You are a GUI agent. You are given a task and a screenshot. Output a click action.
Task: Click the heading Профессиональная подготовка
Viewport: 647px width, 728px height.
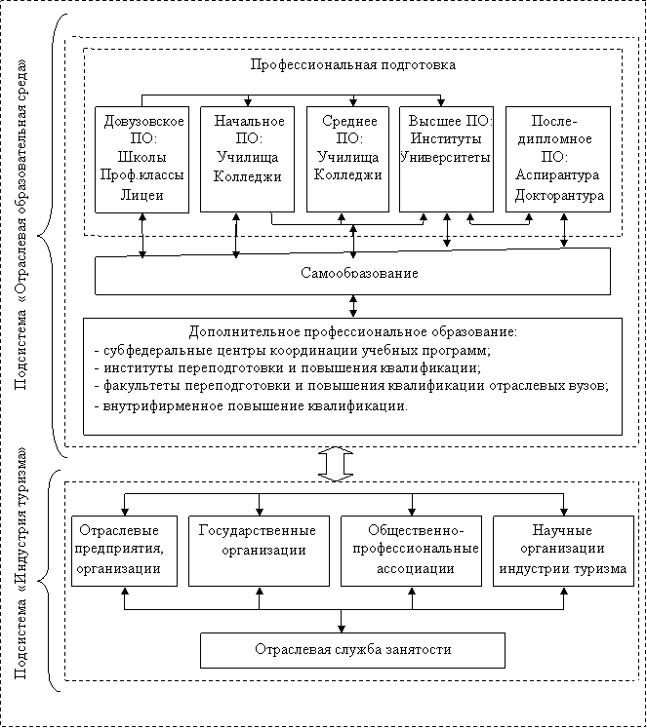[353, 64]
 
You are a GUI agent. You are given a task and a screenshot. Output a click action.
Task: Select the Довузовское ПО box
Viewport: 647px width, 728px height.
[142, 160]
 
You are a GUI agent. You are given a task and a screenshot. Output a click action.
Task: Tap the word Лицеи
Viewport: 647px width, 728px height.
[142, 195]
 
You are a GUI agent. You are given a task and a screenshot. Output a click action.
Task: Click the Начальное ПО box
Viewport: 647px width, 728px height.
[247, 159]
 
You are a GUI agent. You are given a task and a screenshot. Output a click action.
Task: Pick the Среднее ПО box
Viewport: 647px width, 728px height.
[347, 159]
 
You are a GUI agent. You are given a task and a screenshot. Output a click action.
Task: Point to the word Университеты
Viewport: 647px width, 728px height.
[445, 158]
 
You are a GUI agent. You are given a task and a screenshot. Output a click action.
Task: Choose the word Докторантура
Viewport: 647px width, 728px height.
[559, 195]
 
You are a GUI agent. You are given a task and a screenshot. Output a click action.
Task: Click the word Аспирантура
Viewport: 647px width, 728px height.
[557, 175]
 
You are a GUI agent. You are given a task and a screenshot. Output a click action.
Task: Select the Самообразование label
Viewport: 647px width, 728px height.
[359, 273]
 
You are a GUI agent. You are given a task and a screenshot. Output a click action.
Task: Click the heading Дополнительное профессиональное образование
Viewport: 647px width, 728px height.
[353, 332]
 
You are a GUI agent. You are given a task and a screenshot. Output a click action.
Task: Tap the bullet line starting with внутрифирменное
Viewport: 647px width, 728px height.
[251, 405]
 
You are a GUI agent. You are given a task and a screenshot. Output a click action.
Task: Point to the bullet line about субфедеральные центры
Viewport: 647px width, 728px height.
[293, 350]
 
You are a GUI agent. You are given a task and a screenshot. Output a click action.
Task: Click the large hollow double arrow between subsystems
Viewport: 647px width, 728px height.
[336, 464]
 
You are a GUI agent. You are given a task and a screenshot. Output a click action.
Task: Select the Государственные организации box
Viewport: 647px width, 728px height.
[259, 551]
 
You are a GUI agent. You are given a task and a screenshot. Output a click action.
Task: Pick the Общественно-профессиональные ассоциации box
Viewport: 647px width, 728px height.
[412, 551]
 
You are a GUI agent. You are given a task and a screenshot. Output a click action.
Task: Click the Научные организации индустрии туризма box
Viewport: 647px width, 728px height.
[563, 551]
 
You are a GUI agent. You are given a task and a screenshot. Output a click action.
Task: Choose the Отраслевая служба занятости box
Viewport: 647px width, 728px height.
[353, 650]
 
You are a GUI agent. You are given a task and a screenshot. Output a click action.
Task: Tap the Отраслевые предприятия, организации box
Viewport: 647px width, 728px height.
[124, 551]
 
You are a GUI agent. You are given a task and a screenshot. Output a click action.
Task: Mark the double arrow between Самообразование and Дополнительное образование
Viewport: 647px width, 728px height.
[353, 306]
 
